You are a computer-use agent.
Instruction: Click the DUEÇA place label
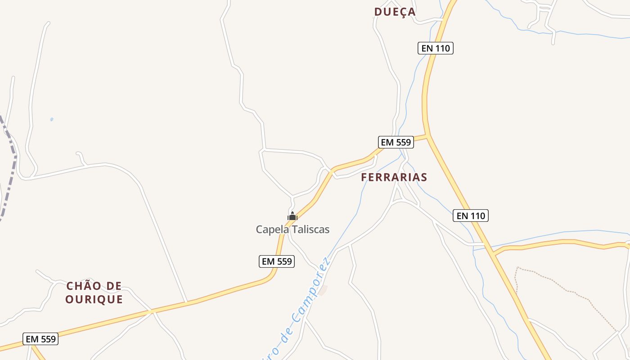tap(395, 12)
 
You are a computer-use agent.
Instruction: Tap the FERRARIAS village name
tap(394, 177)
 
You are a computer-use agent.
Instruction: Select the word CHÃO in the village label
tap(83, 286)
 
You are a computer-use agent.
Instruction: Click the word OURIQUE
tap(94, 300)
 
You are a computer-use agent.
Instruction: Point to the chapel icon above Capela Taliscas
tap(292, 216)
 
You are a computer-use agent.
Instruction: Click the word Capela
tap(272, 229)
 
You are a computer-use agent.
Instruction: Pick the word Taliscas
tap(310, 229)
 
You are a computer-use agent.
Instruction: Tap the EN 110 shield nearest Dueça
tap(435, 48)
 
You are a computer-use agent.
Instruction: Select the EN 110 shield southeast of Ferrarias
tap(470, 216)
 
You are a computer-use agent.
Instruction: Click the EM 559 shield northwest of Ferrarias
tap(396, 143)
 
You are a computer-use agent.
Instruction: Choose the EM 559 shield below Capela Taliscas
tap(277, 261)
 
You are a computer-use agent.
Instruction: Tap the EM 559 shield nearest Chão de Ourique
tap(40, 339)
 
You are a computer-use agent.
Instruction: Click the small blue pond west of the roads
tap(52, 119)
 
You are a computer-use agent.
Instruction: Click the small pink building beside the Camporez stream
tap(323, 290)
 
